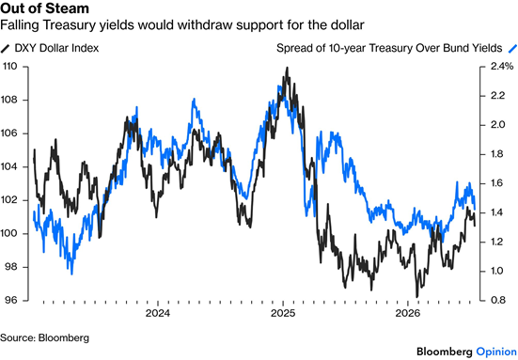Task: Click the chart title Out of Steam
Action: [44, 8]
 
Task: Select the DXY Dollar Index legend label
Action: [56, 48]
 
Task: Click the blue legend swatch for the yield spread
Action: [512, 49]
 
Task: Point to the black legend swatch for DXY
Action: [5, 49]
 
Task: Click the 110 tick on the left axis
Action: [9, 67]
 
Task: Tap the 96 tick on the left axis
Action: [10, 300]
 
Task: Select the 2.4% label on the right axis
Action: [502, 67]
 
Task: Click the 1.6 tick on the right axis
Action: [498, 183]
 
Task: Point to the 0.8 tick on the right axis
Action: [498, 300]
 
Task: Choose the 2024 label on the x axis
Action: [158, 313]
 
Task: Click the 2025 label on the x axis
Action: [283, 313]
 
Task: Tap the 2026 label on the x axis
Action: [407, 313]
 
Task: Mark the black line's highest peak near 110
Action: [287, 68]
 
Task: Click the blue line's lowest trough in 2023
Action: [71, 274]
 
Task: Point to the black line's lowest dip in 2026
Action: [416, 297]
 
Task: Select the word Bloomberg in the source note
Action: [64, 337]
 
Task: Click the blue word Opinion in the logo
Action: [496, 352]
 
